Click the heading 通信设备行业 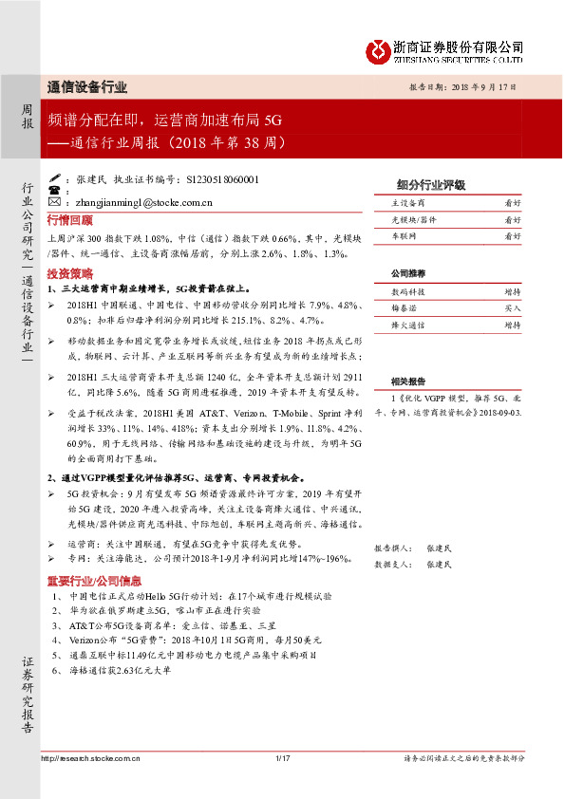tap(86, 87)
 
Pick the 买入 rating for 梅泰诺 tap(513, 308)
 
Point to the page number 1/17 tap(281, 757)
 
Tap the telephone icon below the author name tap(53, 191)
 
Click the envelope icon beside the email tap(53, 202)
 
